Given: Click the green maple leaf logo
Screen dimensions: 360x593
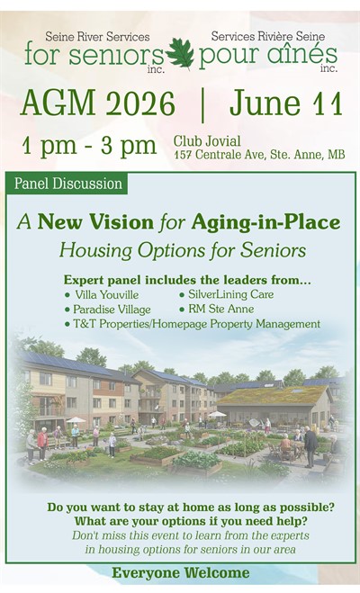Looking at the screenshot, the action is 180,54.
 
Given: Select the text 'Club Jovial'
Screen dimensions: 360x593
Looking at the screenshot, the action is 207,141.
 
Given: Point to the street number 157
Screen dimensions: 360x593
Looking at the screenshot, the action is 184,155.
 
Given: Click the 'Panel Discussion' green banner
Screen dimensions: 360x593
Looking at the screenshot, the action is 67,184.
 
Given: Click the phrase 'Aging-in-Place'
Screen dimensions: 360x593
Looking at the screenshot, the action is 265,222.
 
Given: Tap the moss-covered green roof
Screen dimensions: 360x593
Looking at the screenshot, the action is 273,396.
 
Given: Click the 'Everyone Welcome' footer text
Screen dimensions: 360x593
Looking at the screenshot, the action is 180,573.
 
